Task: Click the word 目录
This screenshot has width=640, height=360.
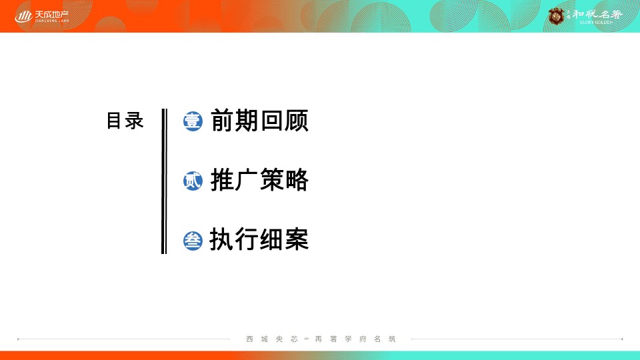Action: pyautogui.click(x=125, y=121)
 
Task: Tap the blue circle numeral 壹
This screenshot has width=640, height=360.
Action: pyautogui.click(x=193, y=121)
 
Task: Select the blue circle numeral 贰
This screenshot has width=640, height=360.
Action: pyautogui.click(x=193, y=181)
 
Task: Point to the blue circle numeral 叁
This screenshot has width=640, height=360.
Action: pyautogui.click(x=193, y=240)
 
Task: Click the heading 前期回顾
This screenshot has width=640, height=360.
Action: pyautogui.click(x=259, y=121)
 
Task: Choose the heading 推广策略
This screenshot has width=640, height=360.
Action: pyautogui.click(x=259, y=180)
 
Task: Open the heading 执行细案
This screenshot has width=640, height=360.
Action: pyautogui.click(x=259, y=239)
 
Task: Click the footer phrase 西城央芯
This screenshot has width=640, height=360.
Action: pyautogui.click(x=272, y=339)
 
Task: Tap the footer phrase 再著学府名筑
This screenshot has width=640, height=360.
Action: pyautogui.click(x=355, y=339)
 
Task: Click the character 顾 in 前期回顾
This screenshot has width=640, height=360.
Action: pyautogui.click(x=297, y=121)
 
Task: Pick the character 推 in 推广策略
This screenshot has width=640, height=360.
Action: pyautogui.click(x=222, y=180)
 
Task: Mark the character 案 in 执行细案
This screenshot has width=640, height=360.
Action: pyautogui.click(x=297, y=239)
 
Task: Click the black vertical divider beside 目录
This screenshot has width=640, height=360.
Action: pyautogui.click(x=164, y=181)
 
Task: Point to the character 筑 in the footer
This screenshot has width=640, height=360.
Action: pyautogui.click(x=392, y=339)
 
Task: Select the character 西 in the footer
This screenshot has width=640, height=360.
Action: pyautogui.click(x=249, y=339)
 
